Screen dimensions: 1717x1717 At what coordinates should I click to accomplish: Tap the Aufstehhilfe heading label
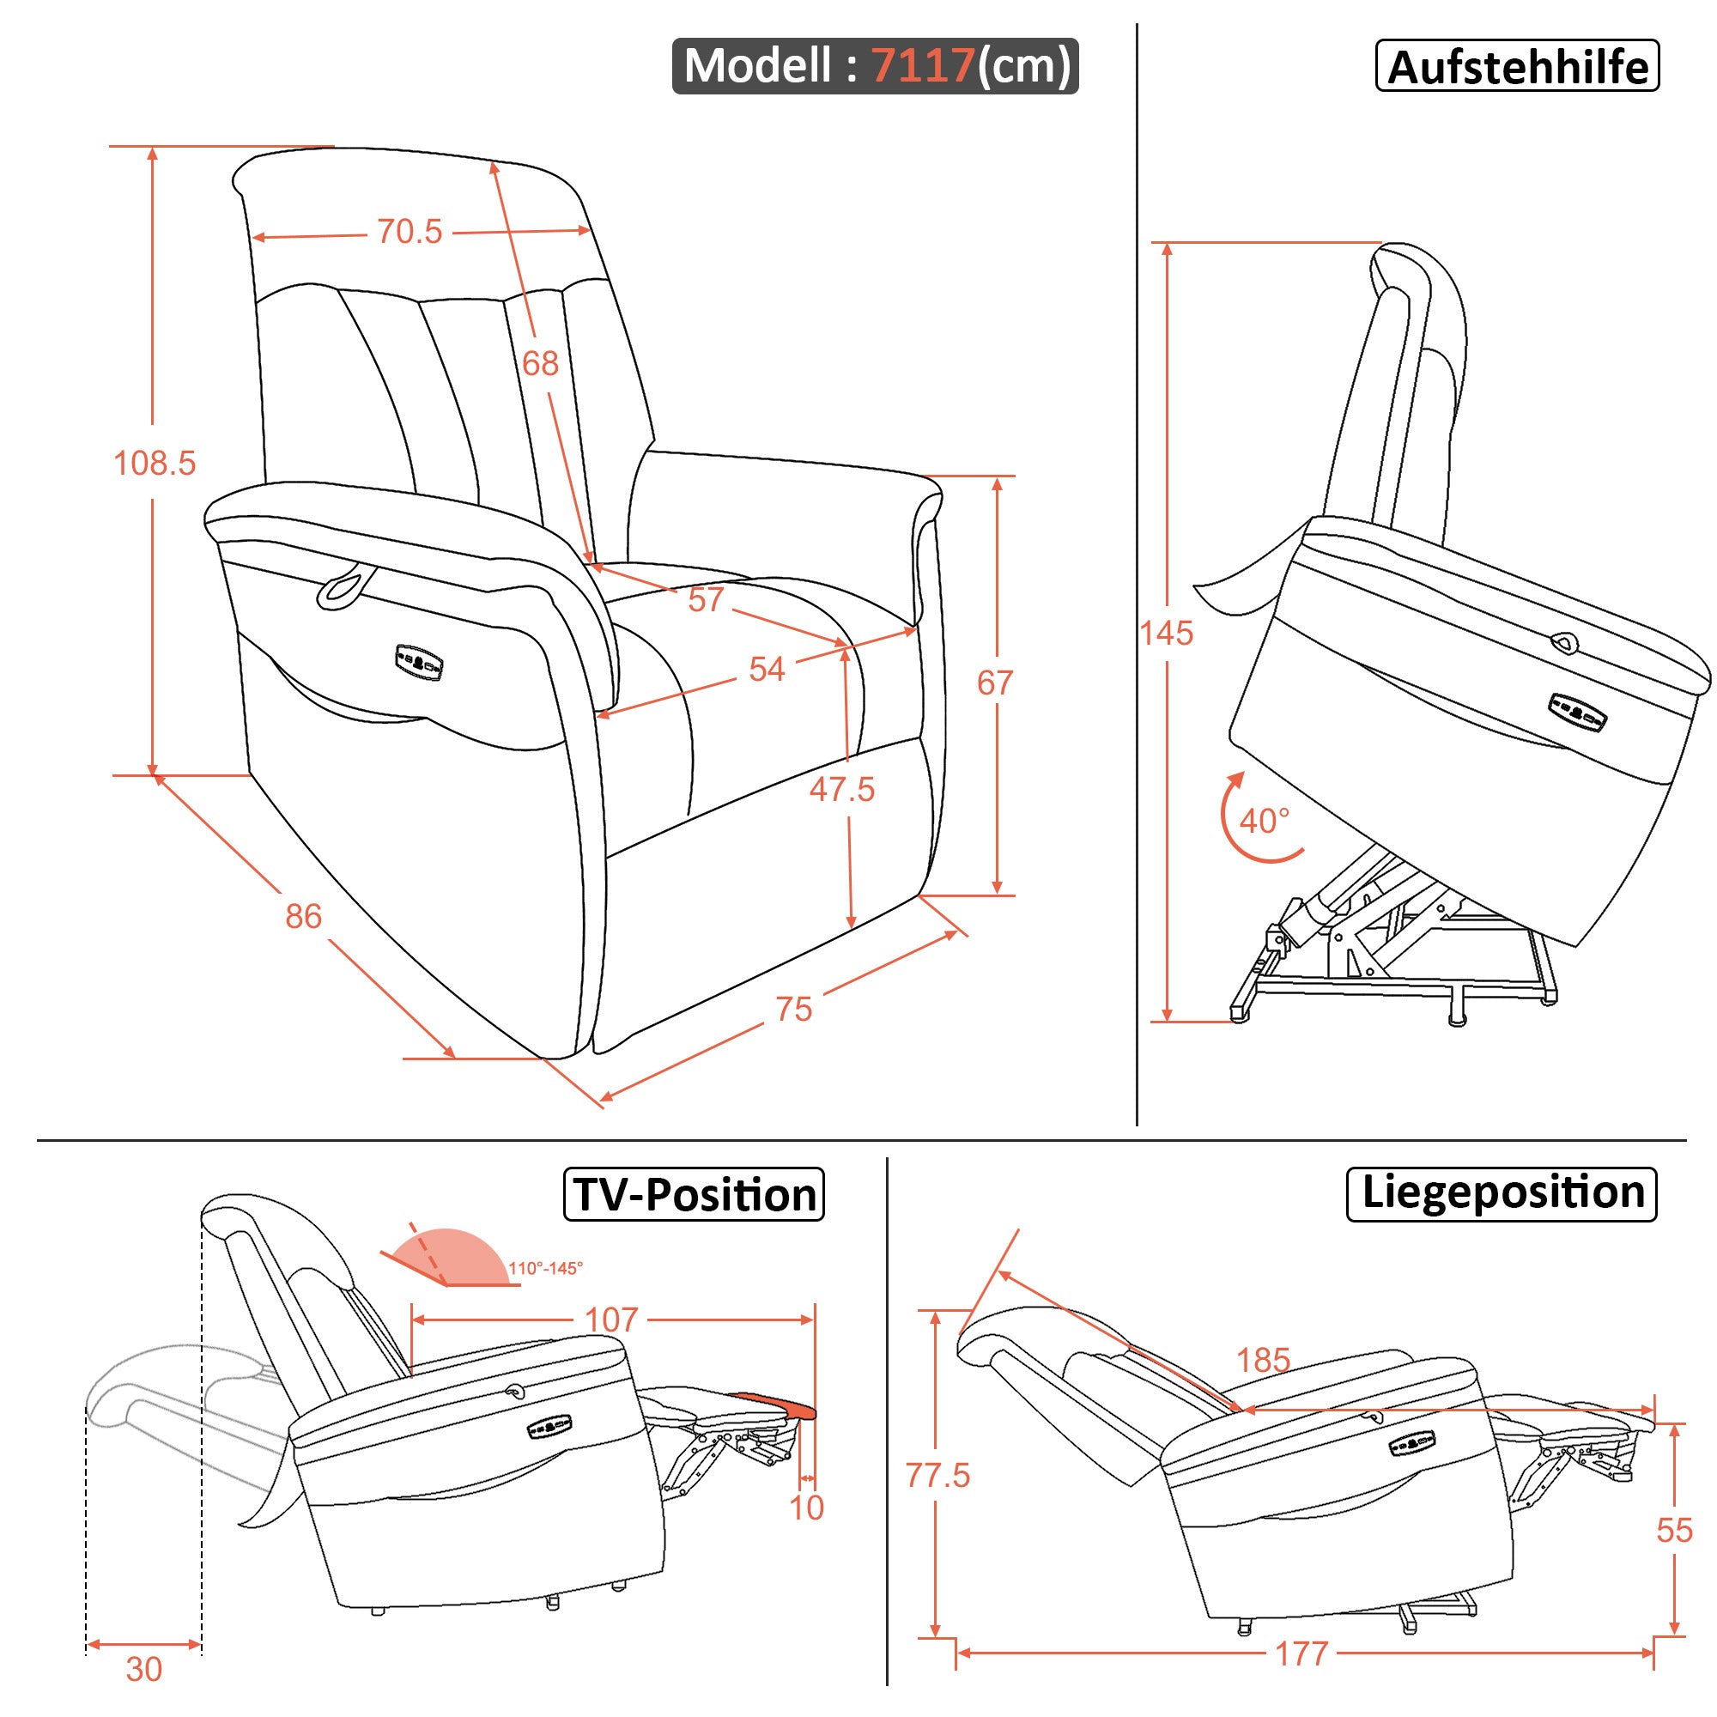pos(1517,68)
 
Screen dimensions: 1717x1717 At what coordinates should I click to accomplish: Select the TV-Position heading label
pos(694,1194)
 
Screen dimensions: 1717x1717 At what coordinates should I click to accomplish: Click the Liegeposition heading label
pos(1502,1192)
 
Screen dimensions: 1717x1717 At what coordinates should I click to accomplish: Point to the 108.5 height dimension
pos(155,463)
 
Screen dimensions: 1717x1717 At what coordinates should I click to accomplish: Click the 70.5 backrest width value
pos(409,232)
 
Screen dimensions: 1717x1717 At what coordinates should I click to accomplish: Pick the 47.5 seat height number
pos(841,789)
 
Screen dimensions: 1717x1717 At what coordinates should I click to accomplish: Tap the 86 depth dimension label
pos(303,916)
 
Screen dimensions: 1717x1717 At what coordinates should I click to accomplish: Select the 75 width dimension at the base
pos(793,1010)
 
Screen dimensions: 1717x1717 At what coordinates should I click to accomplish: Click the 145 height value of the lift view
pos(1166,634)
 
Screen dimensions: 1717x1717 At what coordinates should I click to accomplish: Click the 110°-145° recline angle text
pos(546,1268)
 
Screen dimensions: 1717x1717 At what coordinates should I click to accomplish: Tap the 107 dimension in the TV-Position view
pos(611,1320)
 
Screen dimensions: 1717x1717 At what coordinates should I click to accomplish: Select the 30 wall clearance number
pos(144,1670)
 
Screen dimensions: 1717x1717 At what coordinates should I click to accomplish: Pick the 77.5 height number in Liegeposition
pos(937,1475)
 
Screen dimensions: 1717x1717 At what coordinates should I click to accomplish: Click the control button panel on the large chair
pos(420,662)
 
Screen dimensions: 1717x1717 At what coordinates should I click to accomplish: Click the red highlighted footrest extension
pos(772,1405)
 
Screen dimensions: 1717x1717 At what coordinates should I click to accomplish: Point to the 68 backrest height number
pos(540,363)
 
